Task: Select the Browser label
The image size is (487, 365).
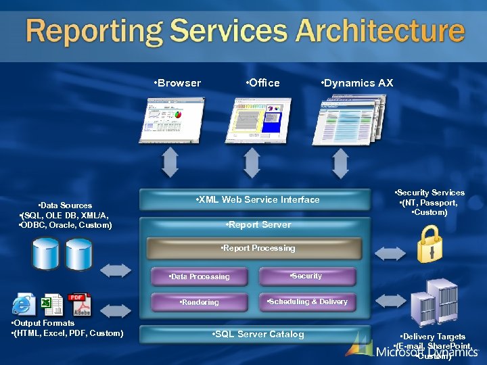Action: click(178, 83)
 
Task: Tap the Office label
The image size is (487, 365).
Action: click(264, 83)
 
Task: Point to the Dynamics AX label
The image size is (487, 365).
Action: click(356, 83)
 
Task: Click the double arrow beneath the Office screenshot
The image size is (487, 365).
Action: click(252, 164)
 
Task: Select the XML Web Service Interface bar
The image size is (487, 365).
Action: click(256, 199)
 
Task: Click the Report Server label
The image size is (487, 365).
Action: click(259, 224)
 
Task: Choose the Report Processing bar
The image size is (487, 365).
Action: click(258, 248)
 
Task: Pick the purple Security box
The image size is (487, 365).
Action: click(306, 276)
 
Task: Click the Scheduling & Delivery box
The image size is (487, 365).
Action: click(307, 301)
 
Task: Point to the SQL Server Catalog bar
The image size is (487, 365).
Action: click(258, 334)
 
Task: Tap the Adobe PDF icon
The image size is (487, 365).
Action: click(78, 305)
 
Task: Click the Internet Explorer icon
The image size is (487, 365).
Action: click(24, 305)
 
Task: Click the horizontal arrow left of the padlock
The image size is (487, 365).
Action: click(388, 253)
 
